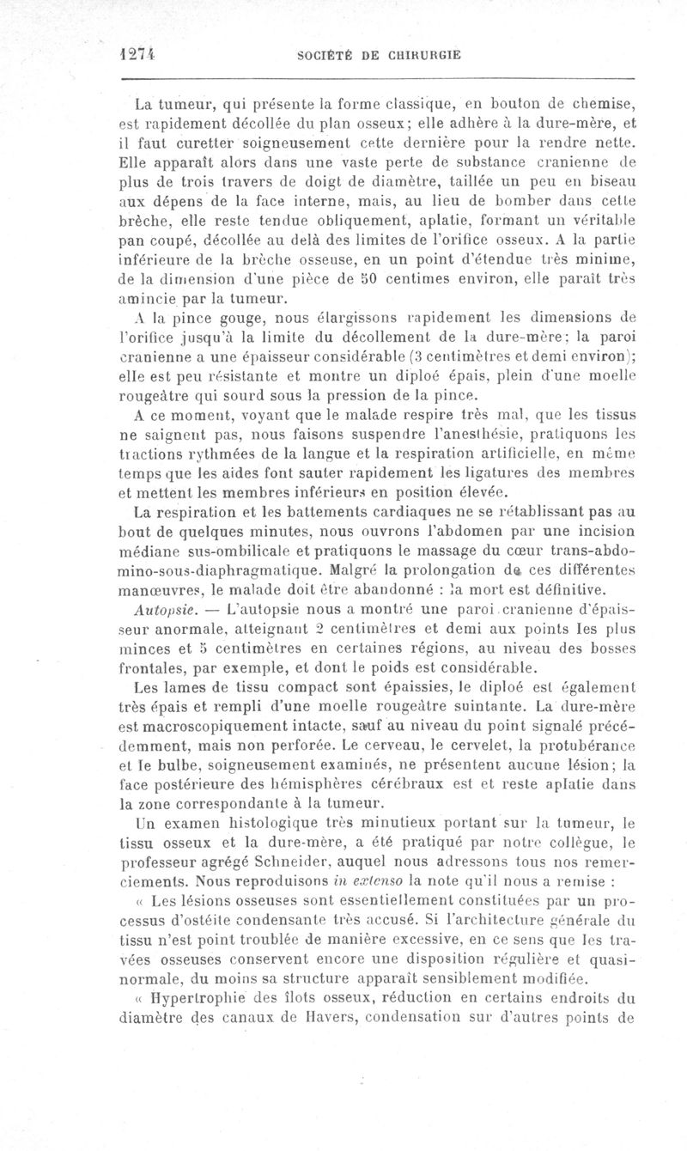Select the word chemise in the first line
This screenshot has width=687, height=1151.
point(608,106)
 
